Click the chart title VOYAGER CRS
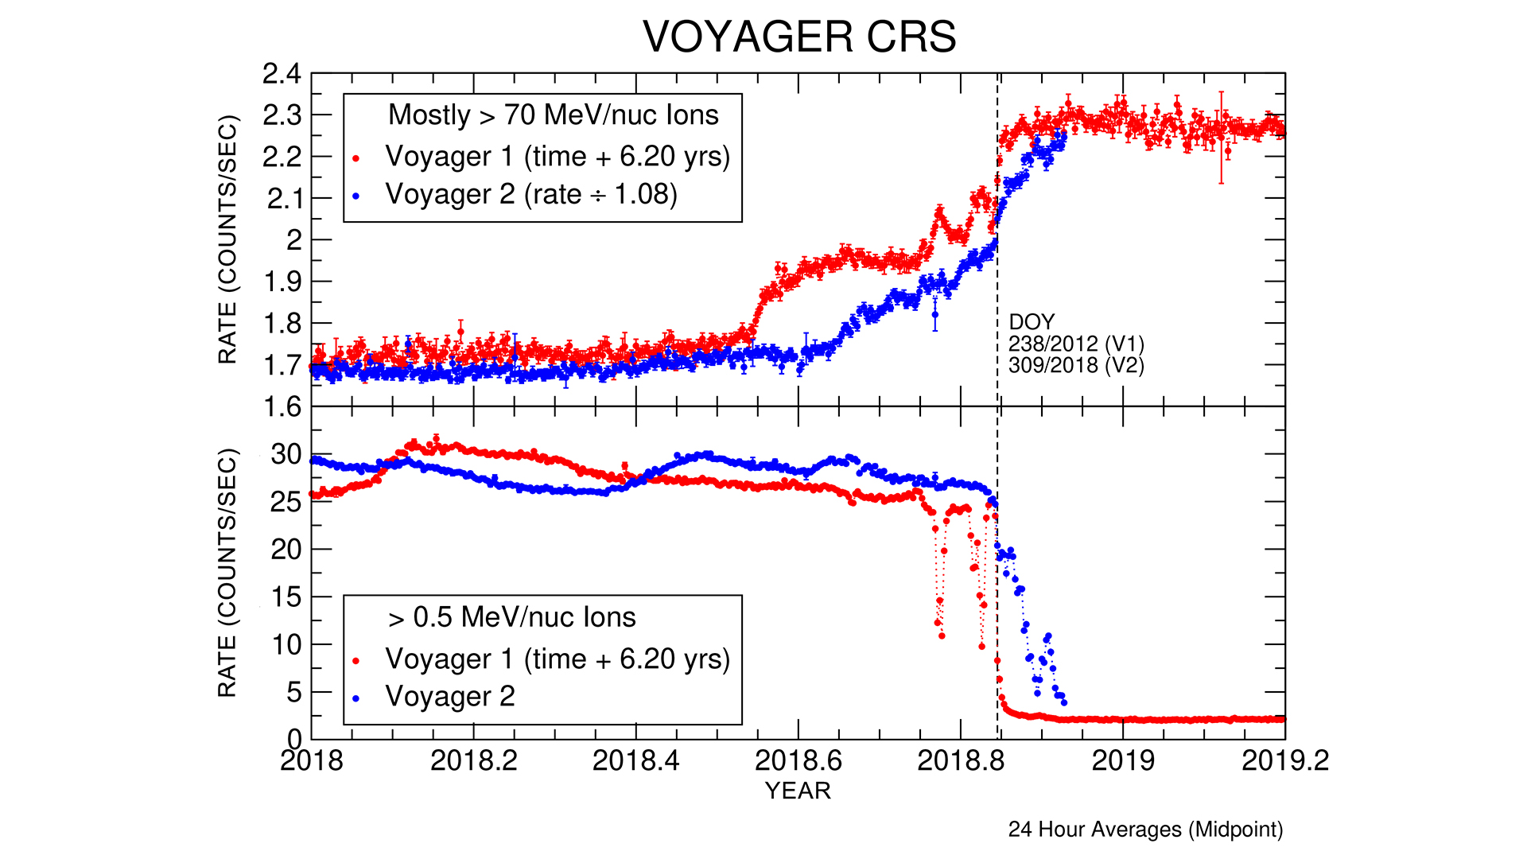799,37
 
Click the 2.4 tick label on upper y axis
282,74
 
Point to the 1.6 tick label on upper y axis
282,407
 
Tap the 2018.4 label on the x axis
635,761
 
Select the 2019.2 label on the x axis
1284,761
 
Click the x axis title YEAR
798,791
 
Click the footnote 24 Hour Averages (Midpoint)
1145,830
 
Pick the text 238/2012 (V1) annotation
1076,344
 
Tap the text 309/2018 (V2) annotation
1076,365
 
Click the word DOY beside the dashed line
1032,322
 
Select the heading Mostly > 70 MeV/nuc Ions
553,115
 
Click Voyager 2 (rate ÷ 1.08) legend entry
531,194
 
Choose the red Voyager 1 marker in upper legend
356,158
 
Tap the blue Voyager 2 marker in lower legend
356,698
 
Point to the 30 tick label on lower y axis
286,455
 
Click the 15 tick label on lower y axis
286,597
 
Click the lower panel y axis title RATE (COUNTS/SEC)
227,573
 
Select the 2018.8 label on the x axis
960,761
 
